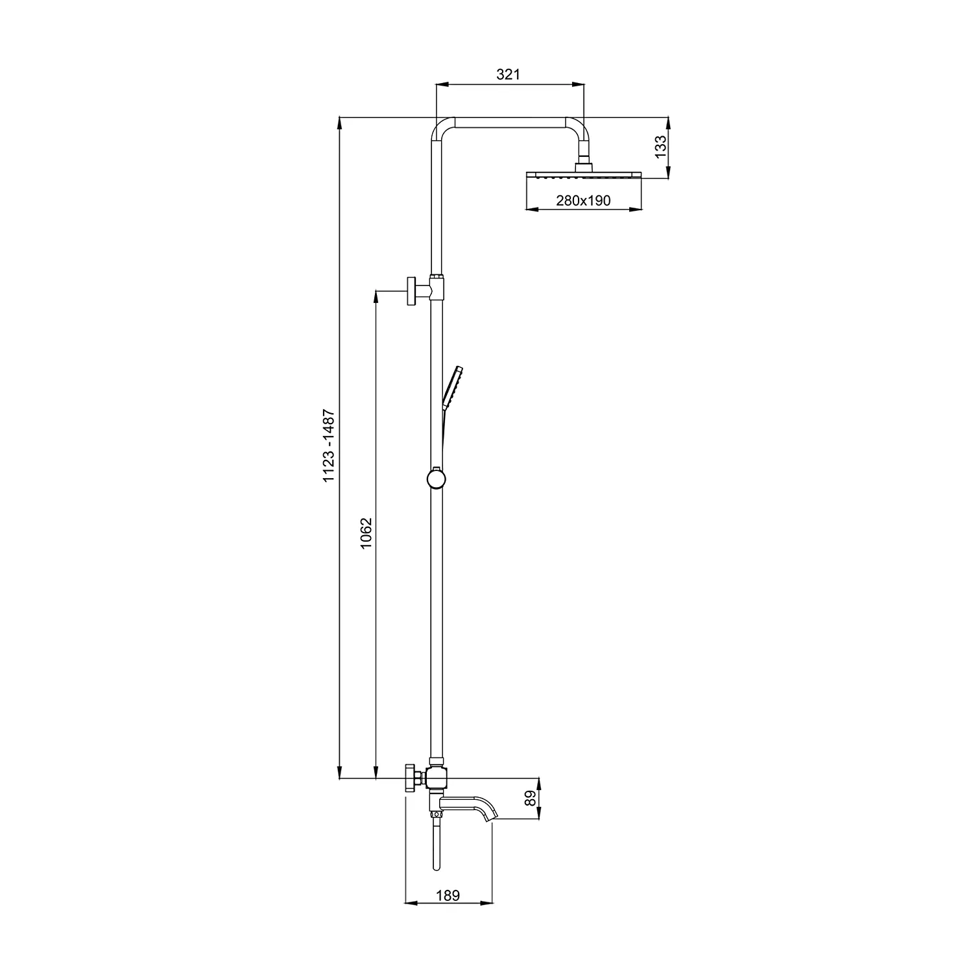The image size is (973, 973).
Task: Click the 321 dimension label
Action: (x=509, y=75)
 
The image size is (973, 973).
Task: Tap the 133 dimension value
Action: (x=660, y=147)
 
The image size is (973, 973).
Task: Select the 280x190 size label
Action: (x=583, y=200)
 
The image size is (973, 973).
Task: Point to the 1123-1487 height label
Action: (x=330, y=445)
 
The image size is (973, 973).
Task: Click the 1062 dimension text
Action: (x=366, y=533)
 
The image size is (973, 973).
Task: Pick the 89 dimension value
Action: (x=531, y=798)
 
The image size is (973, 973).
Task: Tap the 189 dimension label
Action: (x=448, y=895)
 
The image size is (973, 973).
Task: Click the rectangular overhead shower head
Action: (x=583, y=176)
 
